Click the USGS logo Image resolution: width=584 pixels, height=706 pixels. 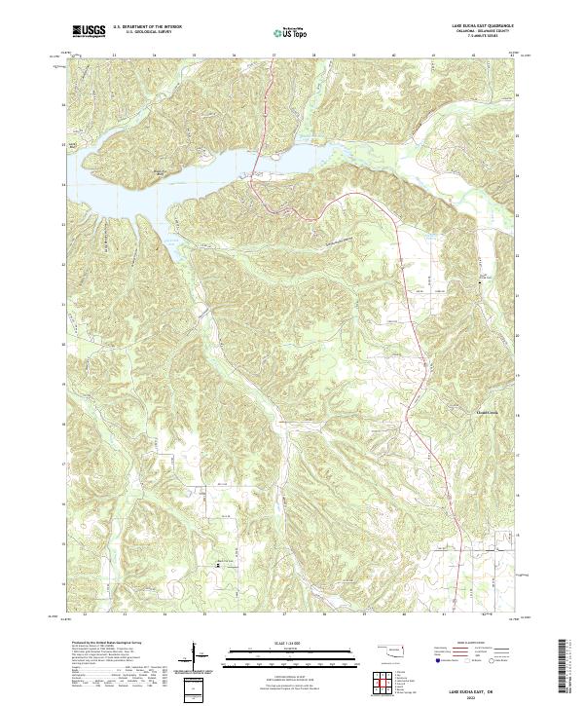pos(89,31)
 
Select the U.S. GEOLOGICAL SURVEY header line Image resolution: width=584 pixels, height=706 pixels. pos(146,33)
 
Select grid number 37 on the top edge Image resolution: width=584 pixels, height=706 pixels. pos(274,56)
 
